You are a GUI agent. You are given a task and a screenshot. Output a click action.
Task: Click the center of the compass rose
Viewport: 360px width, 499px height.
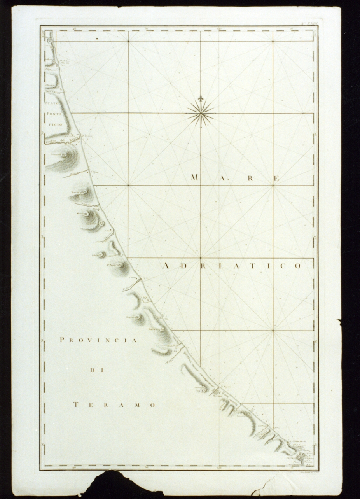(201, 113)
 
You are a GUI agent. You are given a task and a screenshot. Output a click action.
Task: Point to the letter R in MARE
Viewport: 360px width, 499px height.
(250, 179)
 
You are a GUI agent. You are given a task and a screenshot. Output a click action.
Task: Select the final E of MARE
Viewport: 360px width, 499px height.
(277, 179)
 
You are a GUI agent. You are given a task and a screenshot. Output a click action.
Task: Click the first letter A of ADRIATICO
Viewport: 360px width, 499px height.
(165, 266)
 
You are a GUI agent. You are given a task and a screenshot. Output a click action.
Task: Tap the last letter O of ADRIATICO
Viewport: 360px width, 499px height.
(298, 266)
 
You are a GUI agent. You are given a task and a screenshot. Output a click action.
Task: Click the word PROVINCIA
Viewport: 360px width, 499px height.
(98, 340)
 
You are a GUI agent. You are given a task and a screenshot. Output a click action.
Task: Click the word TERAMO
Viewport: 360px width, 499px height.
(114, 405)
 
